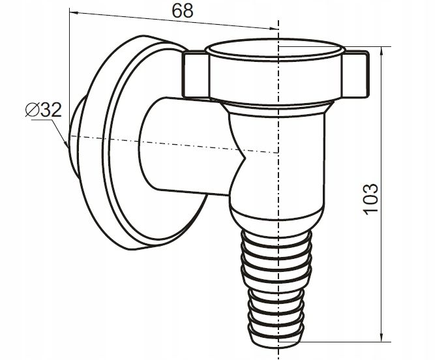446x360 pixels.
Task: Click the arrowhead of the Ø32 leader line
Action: (x=67, y=144)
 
